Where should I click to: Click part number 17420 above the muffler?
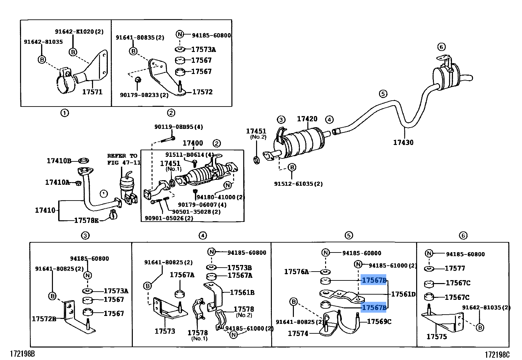(x=307, y=119)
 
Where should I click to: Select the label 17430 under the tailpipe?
(x=403, y=142)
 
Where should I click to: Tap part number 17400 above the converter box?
(x=193, y=143)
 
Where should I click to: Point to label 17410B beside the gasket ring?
(x=59, y=161)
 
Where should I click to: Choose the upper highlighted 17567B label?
(x=374, y=280)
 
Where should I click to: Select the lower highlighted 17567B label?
(x=374, y=307)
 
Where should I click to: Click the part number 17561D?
(x=403, y=294)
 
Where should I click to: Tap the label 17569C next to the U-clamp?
(x=379, y=322)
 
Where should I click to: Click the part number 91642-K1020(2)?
(x=79, y=32)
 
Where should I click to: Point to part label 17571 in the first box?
(x=92, y=92)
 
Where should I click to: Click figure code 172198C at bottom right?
(x=497, y=354)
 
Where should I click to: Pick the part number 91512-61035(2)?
(x=298, y=184)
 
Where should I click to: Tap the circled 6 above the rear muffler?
(x=441, y=47)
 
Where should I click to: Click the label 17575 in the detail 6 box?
(x=437, y=336)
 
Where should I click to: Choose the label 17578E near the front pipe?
(x=86, y=220)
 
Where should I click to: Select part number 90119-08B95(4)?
(x=178, y=127)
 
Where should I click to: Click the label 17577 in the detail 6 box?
(x=455, y=268)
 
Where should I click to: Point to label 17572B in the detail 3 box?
(x=44, y=319)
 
